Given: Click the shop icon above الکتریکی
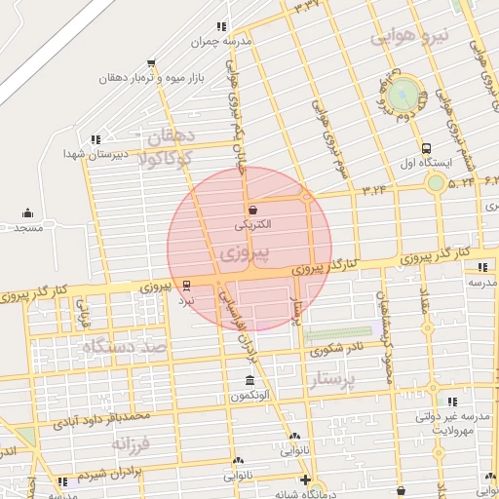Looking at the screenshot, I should click(x=253, y=210).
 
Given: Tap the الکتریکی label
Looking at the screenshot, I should click(x=253, y=224).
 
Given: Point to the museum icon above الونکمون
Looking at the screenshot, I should click(x=250, y=380).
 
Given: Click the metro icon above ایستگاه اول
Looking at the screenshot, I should click(x=427, y=147).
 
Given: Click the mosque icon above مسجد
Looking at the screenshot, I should click(x=27, y=212).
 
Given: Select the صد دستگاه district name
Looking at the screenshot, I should click(x=125, y=346).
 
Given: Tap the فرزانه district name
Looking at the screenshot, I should click(x=132, y=444).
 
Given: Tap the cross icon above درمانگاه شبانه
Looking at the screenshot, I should click(x=306, y=480).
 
